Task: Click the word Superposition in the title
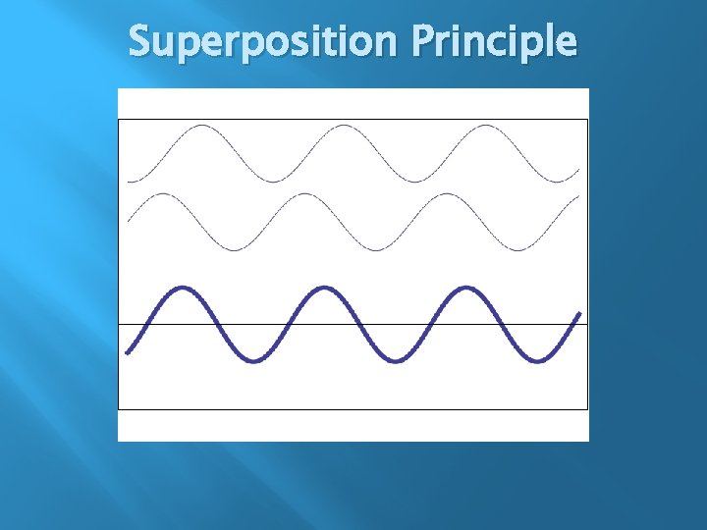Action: click(x=263, y=42)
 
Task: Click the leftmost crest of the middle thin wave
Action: click(x=165, y=194)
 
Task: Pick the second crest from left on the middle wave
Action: click(x=305, y=194)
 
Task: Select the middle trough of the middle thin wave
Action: click(x=377, y=250)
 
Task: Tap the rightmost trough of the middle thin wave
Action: click(x=518, y=250)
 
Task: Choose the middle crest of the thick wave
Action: click(x=324, y=288)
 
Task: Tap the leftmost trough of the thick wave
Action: click(x=253, y=360)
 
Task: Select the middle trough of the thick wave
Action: click(x=395, y=360)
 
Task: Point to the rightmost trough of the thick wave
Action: click(x=536, y=360)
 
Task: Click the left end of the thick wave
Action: click(x=128, y=351)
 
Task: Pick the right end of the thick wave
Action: click(x=579, y=314)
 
